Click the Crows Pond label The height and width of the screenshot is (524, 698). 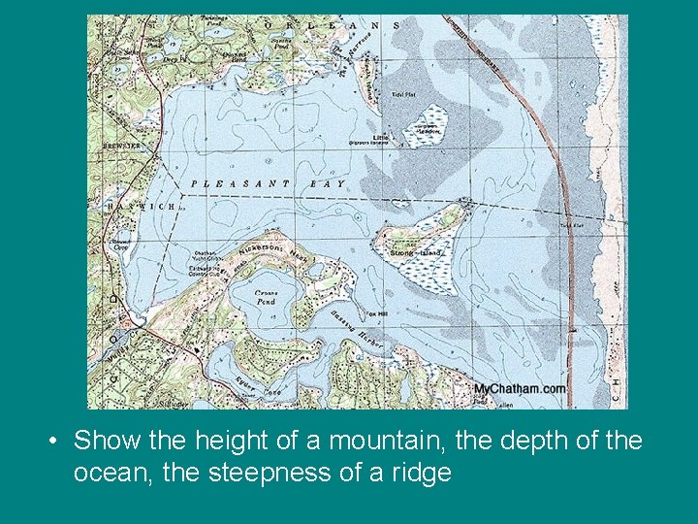(x=266, y=296)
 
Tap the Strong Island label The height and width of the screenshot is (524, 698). (x=415, y=253)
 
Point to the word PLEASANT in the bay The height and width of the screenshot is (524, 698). (x=240, y=183)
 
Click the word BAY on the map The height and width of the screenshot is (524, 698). (x=327, y=183)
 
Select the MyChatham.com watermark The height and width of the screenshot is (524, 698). (x=520, y=389)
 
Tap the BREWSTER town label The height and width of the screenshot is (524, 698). (x=117, y=147)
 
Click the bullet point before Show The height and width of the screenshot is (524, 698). (x=54, y=442)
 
